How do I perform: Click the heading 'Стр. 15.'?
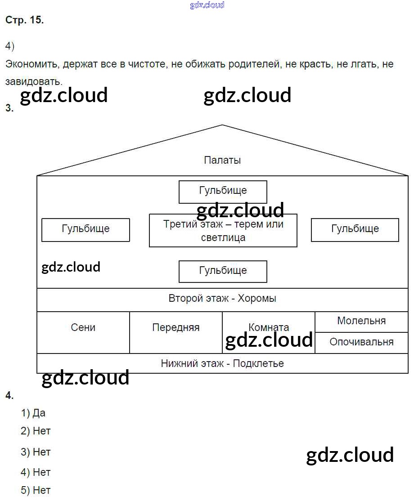(25, 20)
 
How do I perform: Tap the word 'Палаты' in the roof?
(222, 160)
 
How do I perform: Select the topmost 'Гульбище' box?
(223, 191)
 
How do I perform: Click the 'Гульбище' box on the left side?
(85, 229)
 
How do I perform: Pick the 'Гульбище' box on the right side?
(355, 229)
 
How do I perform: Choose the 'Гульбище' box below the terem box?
(223, 271)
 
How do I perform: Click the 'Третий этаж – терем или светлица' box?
(223, 230)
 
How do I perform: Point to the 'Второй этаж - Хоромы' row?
(222, 299)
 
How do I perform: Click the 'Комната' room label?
(269, 327)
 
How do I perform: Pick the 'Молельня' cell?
(361, 321)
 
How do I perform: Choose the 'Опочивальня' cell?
(361, 342)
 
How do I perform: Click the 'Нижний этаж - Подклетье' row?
(222, 363)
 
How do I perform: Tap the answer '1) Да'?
(33, 413)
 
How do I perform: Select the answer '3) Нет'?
(36, 452)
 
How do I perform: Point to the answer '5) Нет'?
(36, 490)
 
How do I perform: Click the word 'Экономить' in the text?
(31, 64)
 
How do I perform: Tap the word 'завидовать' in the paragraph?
(32, 81)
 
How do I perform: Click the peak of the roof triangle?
(222, 125)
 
